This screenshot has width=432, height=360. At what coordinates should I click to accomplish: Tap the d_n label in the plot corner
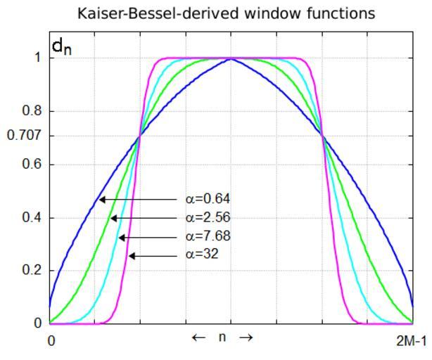point(62,48)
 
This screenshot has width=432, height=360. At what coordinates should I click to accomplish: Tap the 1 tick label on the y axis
point(36,58)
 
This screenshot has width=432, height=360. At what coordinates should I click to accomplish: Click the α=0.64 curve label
point(208,199)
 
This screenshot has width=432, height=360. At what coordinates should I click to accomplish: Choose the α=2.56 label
point(208,217)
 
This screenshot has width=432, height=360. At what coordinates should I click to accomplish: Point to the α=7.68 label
point(208,236)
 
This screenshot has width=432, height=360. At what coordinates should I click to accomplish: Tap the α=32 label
point(202,254)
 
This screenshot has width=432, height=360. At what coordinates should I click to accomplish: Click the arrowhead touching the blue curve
point(101,200)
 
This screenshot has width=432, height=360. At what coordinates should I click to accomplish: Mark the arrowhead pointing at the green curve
point(113,218)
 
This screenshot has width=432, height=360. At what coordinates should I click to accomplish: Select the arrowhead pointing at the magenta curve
point(132,256)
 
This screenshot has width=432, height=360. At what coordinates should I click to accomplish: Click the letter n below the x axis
point(222,337)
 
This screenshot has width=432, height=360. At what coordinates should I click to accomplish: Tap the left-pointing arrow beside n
point(199,337)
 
